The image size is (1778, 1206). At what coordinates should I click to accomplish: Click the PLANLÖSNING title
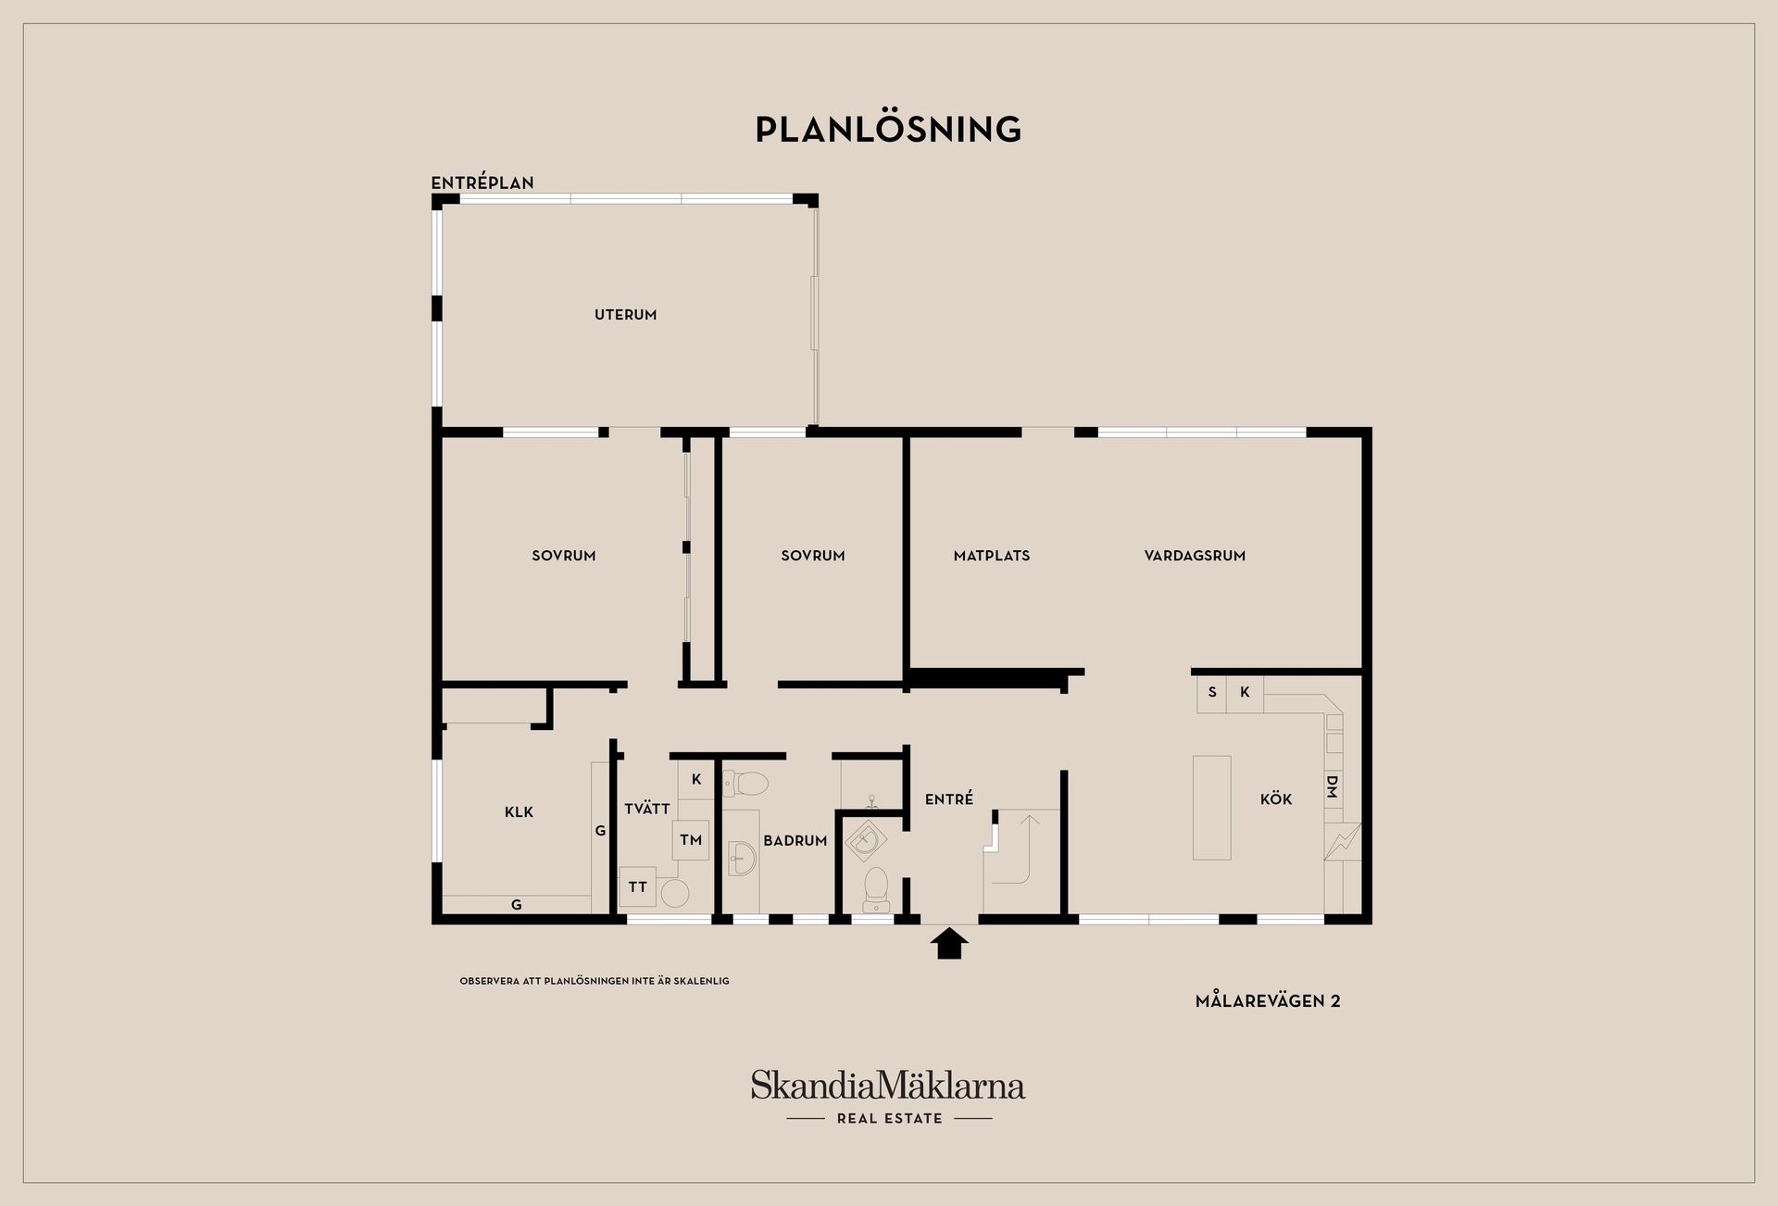click(x=888, y=129)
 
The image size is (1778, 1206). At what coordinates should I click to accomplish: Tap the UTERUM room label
click(x=625, y=315)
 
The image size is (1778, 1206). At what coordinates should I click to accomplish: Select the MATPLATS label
click(x=992, y=556)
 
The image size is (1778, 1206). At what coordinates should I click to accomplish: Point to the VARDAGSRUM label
click(x=1195, y=556)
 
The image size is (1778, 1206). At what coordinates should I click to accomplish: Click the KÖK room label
click(x=1276, y=798)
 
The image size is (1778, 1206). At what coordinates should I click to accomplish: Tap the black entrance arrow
click(x=949, y=944)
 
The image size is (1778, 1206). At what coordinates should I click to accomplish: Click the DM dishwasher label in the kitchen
click(x=1333, y=787)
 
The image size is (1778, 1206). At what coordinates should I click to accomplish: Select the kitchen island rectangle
click(x=1212, y=808)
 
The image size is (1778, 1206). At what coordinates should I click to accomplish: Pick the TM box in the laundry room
click(x=691, y=840)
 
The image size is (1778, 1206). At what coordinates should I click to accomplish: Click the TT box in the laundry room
click(x=637, y=886)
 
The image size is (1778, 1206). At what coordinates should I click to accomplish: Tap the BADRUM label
click(x=795, y=841)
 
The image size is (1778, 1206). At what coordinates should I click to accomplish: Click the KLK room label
click(x=519, y=812)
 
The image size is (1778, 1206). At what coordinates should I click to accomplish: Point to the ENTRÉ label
click(x=949, y=798)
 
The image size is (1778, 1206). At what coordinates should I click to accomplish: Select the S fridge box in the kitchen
click(x=1212, y=693)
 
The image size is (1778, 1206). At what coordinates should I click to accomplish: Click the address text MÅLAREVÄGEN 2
click(x=1268, y=1000)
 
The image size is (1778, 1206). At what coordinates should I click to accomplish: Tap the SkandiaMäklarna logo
click(x=888, y=1097)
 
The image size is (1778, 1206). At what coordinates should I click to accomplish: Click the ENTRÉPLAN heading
click(x=482, y=183)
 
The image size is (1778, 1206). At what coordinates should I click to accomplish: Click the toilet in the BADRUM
click(x=745, y=785)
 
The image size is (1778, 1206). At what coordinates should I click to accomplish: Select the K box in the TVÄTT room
click(x=696, y=780)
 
